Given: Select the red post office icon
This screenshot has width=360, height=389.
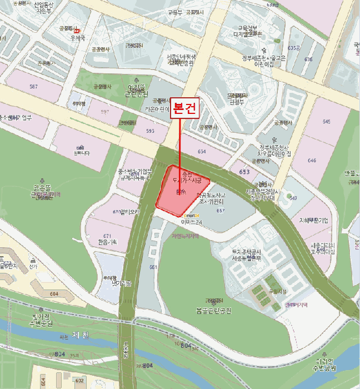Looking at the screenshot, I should click(77, 31).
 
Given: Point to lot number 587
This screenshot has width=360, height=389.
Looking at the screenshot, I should click(34, 86).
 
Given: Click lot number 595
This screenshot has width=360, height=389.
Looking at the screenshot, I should click(150, 131).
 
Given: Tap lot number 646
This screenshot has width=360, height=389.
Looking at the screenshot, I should click(312, 160).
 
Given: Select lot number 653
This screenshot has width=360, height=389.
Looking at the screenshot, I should click(244, 172).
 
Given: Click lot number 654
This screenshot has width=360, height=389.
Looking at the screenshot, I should click(201, 151).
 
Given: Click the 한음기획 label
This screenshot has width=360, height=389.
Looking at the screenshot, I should click(107, 242).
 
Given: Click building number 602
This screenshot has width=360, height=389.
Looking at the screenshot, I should click(79, 380).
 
